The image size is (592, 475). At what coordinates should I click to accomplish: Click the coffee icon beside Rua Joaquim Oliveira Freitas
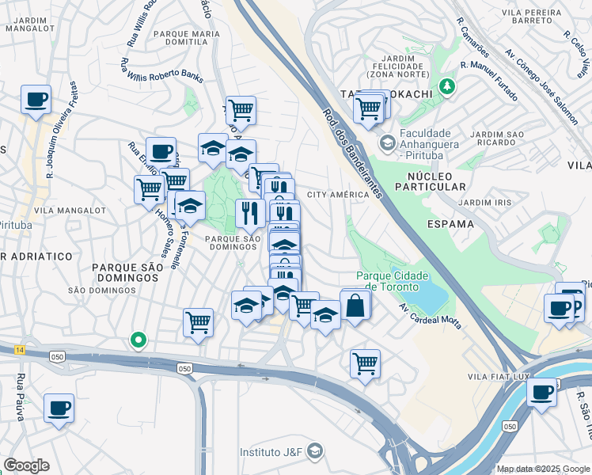click(x=36, y=100)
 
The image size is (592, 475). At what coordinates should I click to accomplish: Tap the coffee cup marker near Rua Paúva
click(x=59, y=408)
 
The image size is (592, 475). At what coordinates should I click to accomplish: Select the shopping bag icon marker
click(x=355, y=305)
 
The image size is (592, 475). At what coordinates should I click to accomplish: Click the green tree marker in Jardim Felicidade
click(x=449, y=85)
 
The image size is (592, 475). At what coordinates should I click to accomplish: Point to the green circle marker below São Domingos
click(x=139, y=340)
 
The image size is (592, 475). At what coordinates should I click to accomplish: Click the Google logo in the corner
click(x=27, y=465)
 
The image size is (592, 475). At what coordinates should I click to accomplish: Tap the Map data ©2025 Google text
click(x=542, y=469)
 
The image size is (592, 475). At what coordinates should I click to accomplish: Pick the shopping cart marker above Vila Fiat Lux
click(x=365, y=363)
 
